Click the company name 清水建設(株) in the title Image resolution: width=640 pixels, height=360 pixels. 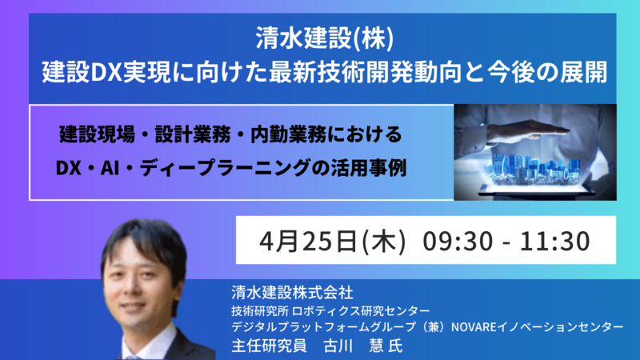[325, 39]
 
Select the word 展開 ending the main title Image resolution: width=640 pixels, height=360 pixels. [583, 72]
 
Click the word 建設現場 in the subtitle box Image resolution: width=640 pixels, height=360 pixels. [97, 134]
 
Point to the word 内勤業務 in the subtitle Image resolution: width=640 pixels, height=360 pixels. [288, 134]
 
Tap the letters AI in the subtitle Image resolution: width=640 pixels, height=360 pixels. [110, 168]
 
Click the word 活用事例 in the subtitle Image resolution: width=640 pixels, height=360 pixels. [368, 168]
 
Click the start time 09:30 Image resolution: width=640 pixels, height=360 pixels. [458, 241]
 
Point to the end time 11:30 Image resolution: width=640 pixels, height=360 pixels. [554, 241]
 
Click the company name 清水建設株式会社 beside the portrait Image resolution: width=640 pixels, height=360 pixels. [292, 292]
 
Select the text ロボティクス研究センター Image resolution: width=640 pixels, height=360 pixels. [361, 311]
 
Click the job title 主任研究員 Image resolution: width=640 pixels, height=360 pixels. [269, 346]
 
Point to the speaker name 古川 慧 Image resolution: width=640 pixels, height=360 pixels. [354, 346]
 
